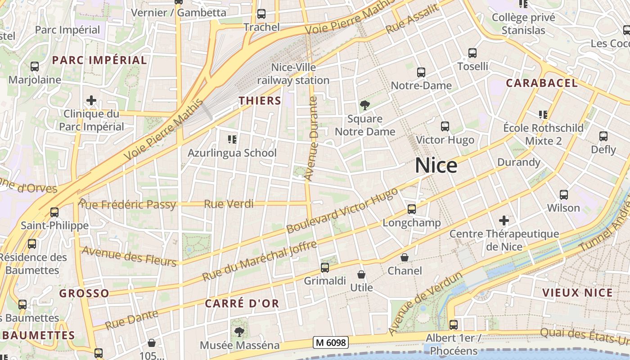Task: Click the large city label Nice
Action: click(436, 166)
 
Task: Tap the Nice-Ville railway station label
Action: click(293, 74)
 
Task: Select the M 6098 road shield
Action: click(331, 343)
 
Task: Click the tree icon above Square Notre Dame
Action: click(365, 105)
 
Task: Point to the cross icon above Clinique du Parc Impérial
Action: click(91, 100)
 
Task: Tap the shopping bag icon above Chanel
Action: click(405, 257)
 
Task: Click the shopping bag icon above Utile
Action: click(361, 274)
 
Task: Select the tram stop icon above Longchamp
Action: click(411, 209)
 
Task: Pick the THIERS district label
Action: click(260, 101)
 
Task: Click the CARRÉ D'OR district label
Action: click(242, 304)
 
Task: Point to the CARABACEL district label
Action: click(542, 83)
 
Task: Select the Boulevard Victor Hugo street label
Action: click(342, 211)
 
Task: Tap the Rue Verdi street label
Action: click(229, 204)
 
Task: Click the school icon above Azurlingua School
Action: click(232, 139)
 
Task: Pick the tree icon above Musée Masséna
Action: click(239, 332)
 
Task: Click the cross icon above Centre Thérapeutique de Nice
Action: click(504, 220)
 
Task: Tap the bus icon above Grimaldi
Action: click(325, 268)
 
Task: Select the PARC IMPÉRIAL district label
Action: click(99, 60)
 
